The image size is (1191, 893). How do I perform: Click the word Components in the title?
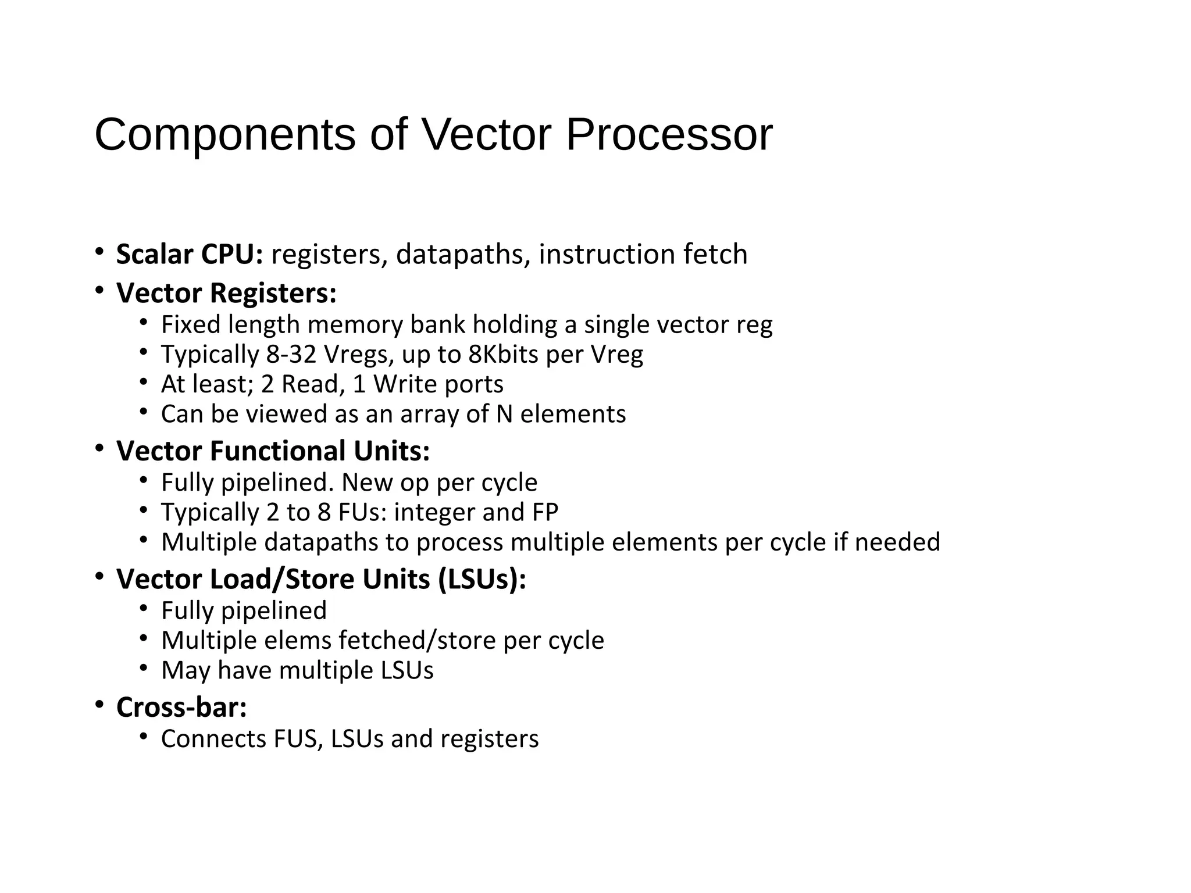(224, 135)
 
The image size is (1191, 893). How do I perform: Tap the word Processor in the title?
(669, 135)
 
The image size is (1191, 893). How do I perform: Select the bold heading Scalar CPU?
(190, 254)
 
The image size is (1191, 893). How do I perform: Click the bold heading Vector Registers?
(226, 292)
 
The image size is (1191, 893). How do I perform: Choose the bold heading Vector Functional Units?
(273, 451)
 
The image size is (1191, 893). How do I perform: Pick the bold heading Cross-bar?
(181, 707)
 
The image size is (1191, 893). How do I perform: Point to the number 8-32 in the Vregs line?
(291, 354)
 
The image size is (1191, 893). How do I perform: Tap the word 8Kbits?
(503, 354)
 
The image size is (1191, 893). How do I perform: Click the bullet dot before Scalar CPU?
(100, 252)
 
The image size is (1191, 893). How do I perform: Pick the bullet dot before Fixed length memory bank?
(144, 322)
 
